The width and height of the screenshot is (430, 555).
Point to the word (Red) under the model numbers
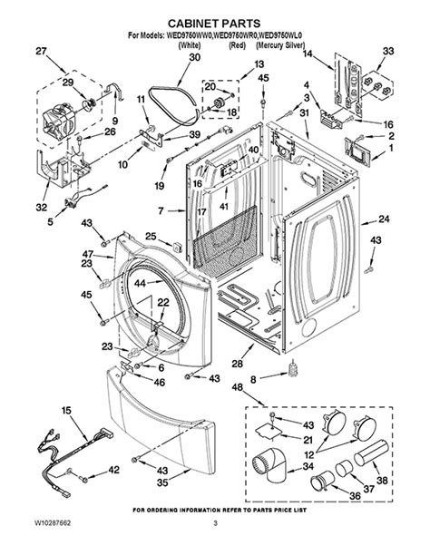[238, 44]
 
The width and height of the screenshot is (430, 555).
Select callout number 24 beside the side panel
[384, 219]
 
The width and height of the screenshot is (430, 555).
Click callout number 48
[238, 389]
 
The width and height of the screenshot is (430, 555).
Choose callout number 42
[113, 470]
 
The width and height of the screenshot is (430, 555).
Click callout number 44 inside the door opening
[140, 283]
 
